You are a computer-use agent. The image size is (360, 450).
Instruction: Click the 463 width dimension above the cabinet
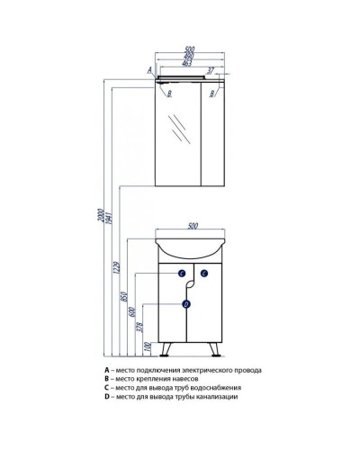tap(187, 64)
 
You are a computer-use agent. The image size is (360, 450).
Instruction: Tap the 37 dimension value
tap(211, 71)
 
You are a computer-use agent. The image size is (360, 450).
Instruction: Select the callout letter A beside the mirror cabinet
tap(150, 70)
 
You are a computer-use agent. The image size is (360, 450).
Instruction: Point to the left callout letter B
tap(169, 94)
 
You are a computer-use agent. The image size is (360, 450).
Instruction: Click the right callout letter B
tap(212, 94)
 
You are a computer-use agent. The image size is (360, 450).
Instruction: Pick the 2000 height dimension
tap(101, 216)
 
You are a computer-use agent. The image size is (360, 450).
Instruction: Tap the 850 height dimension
tap(125, 296)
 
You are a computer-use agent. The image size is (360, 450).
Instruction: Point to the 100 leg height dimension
tap(147, 347)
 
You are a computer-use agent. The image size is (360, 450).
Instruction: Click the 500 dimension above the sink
tap(193, 226)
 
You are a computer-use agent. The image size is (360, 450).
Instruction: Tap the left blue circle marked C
tap(182, 274)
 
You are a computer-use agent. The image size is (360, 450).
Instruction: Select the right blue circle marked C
tap(204, 274)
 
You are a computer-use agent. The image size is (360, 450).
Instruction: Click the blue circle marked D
tap(186, 304)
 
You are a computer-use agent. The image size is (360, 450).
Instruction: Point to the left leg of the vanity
tap(166, 349)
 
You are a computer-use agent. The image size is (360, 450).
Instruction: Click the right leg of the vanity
tap(215, 349)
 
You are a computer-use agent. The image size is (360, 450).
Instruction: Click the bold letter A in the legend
tap(106, 370)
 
